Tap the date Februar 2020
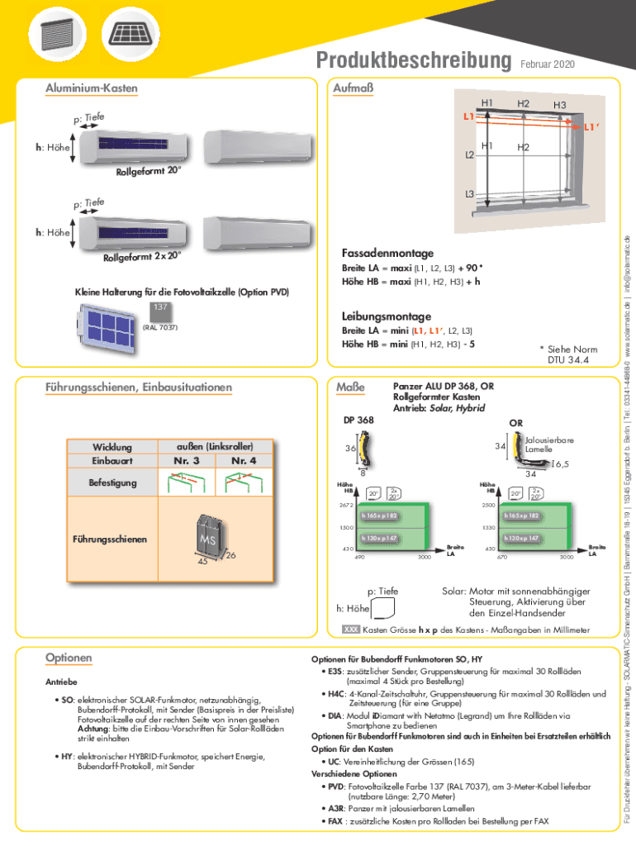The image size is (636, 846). (x=548, y=64)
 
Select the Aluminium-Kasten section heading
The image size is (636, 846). (x=92, y=88)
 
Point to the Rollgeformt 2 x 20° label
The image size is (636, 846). (x=141, y=256)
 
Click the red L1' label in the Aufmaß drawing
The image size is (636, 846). (x=591, y=128)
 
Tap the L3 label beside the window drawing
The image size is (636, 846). (x=468, y=195)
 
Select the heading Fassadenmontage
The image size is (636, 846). (x=387, y=252)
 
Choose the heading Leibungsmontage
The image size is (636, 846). (x=386, y=316)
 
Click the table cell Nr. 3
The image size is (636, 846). (x=185, y=460)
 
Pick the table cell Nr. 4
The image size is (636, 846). (x=244, y=460)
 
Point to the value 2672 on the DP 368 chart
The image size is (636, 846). (x=346, y=505)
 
